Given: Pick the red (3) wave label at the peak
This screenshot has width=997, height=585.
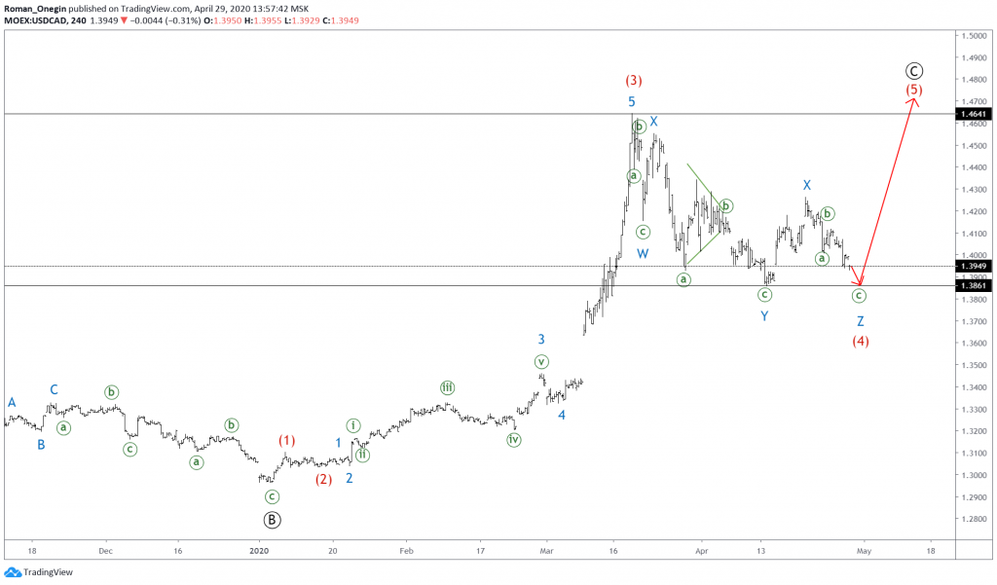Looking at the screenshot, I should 633,81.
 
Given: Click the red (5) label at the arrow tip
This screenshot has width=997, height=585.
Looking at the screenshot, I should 913,91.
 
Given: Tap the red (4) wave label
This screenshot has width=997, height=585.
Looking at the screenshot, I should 861,342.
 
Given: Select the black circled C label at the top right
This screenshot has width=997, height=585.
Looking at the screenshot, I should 913,70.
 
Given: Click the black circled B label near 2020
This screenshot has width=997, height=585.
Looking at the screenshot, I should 273,520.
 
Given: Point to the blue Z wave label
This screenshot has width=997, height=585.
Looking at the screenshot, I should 861,321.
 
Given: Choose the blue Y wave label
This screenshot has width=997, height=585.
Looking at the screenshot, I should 764,316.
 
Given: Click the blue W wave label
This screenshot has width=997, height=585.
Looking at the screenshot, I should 643,254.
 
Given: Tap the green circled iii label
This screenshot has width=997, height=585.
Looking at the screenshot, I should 447,387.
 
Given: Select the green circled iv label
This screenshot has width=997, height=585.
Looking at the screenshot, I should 513,440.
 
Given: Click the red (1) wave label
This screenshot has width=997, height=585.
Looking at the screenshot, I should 286,440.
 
